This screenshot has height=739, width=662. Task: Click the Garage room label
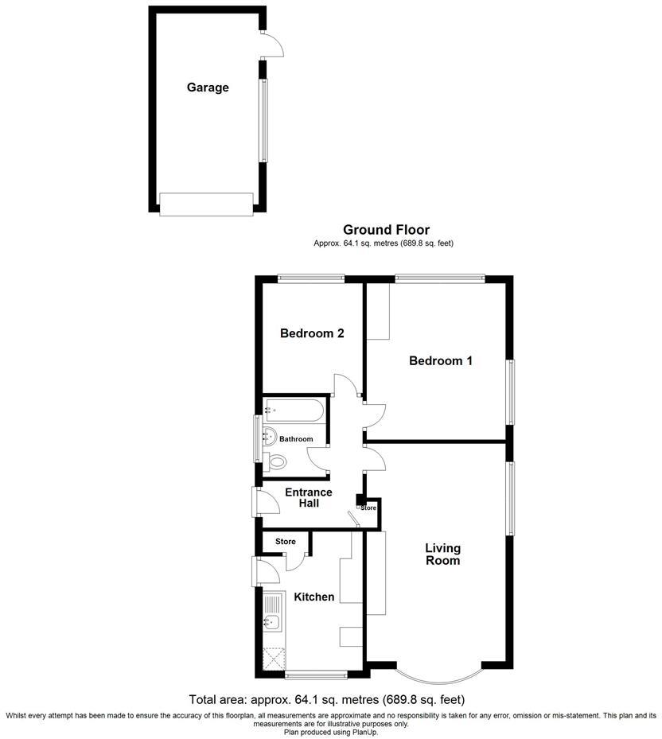[208, 88]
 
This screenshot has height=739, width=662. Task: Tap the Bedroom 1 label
[440, 361]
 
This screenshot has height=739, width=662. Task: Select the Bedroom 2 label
[312, 334]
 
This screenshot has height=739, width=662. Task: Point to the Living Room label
[442, 554]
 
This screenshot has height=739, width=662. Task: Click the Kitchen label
[314, 597]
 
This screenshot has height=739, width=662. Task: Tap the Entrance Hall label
[309, 498]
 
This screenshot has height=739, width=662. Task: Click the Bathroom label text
[296, 439]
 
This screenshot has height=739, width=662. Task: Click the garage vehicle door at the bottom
[206, 204]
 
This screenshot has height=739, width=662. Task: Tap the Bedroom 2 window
[311, 278]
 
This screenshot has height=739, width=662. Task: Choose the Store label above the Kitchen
[286, 542]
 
